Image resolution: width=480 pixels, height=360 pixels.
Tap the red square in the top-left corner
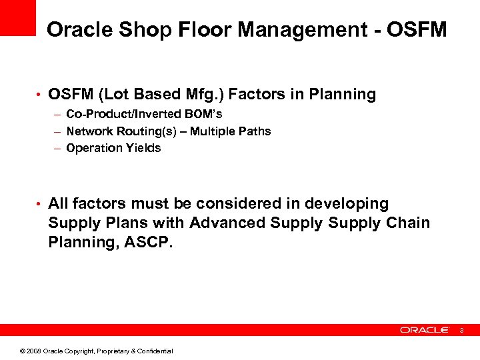[17, 17]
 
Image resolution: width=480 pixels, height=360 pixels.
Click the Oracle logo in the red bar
[424, 330]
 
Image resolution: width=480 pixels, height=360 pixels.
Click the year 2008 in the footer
[33, 351]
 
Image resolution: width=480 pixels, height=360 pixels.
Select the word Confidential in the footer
[155, 351]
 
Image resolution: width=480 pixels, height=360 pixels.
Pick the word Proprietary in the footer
[113, 351]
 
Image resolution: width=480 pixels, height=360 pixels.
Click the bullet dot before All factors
[40, 204]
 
